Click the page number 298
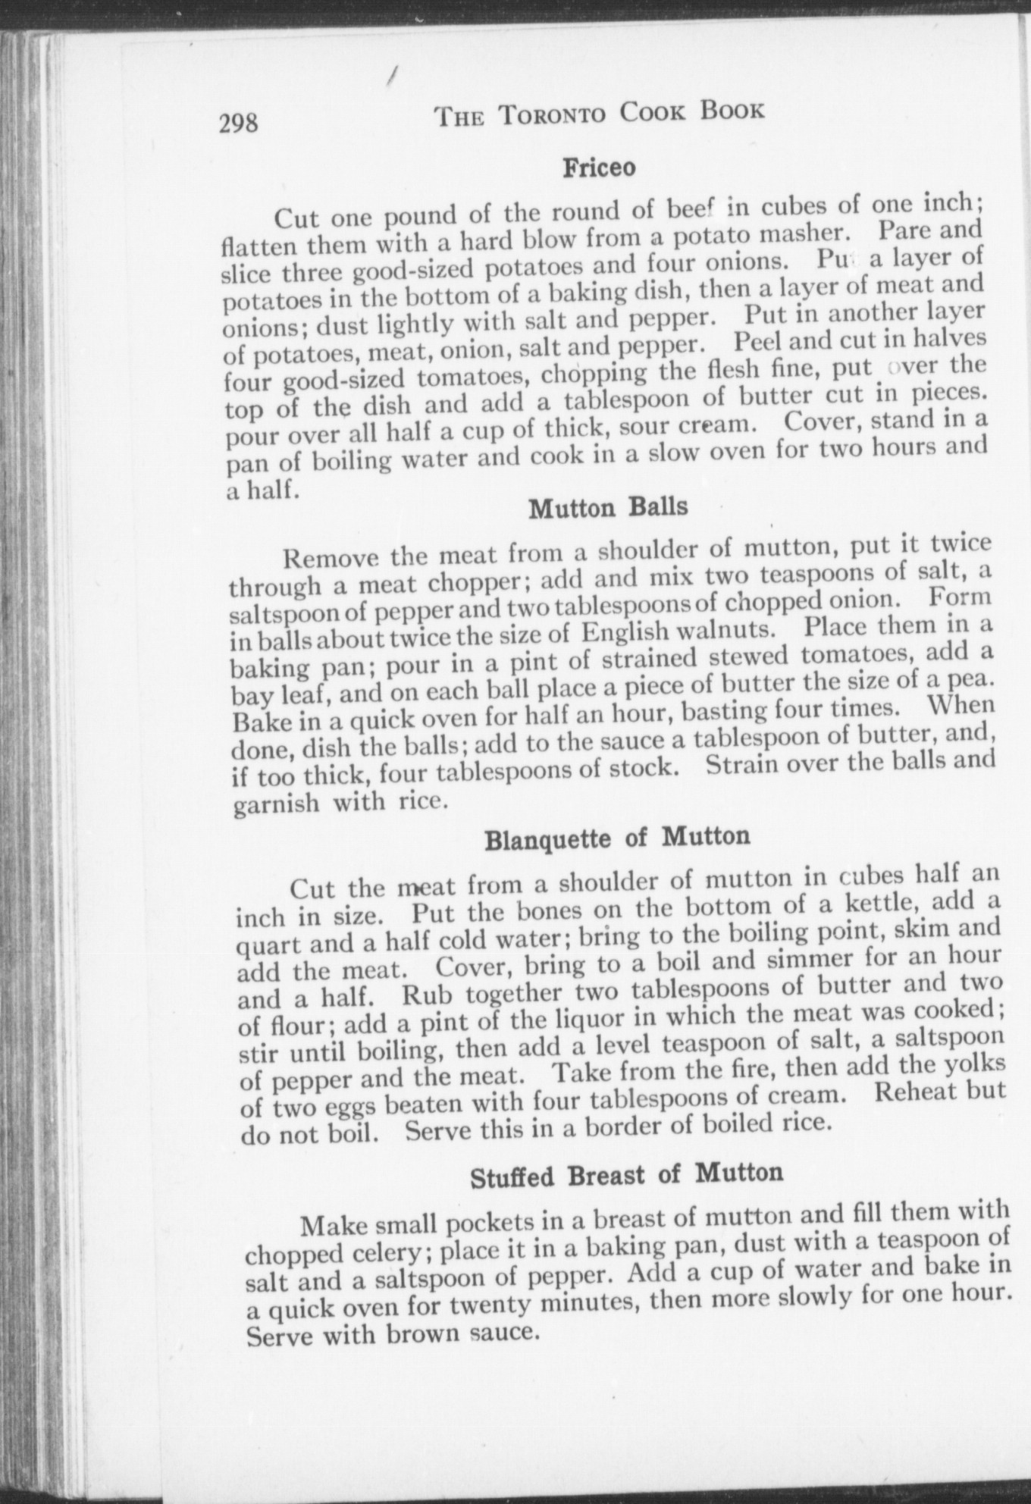click(x=239, y=122)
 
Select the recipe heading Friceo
click(x=599, y=168)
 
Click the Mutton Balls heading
click(x=608, y=507)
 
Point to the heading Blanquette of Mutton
click(x=617, y=838)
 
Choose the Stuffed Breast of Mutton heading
click(x=626, y=1176)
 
